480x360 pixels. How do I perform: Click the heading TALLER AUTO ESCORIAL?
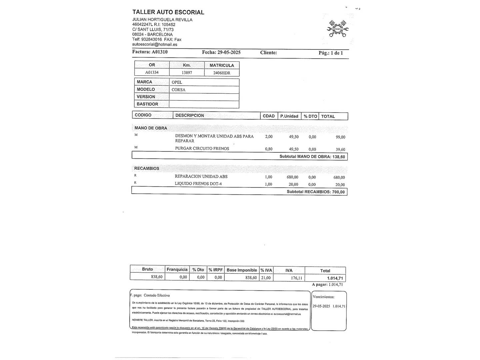tap(168, 12)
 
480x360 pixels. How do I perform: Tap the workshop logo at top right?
tap(338, 29)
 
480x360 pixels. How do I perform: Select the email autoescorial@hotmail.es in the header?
tap(155, 44)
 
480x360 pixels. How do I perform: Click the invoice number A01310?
tap(160, 52)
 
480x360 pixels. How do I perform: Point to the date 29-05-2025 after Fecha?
tap(229, 52)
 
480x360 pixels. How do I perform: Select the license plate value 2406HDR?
tap(222, 73)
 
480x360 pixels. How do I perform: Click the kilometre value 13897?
tap(187, 72)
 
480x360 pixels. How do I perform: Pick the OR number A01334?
tap(152, 72)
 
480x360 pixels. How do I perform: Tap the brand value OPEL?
tap(177, 82)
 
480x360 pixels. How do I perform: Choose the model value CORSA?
tap(178, 90)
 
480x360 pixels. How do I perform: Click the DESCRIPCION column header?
tap(190, 115)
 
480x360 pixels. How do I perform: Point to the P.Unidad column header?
tap(289, 116)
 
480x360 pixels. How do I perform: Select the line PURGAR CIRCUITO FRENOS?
tap(202, 149)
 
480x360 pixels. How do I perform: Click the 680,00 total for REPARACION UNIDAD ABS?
tap(339, 178)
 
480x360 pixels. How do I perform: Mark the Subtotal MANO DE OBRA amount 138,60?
tap(339, 157)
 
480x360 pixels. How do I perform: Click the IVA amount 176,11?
tap(296, 278)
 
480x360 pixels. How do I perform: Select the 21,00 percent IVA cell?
tap(266, 278)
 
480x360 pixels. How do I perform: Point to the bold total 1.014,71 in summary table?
tap(335, 278)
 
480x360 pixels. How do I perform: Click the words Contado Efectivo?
tap(157, 295)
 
